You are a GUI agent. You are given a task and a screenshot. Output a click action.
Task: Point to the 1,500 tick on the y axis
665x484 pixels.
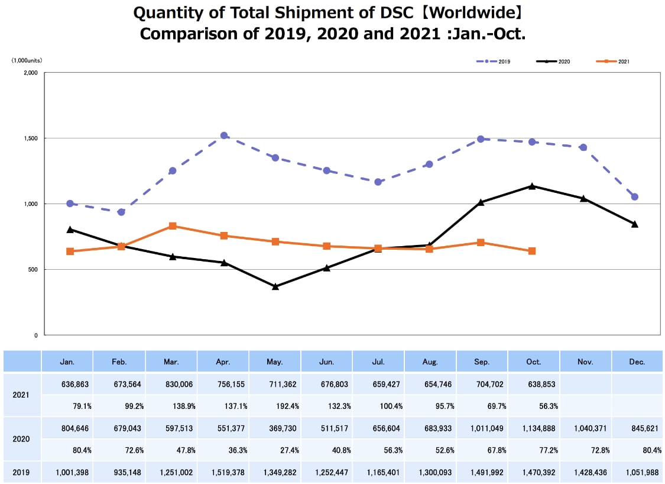coord(31,138)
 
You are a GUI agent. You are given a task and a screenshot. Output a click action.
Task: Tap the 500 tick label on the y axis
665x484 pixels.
coord(33,270)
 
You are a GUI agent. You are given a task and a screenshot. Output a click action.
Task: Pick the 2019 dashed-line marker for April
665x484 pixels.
coord(224,135)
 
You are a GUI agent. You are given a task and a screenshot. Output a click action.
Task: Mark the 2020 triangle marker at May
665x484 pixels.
coord(275,286)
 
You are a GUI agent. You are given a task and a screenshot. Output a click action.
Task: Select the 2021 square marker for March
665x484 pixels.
coord(173,226)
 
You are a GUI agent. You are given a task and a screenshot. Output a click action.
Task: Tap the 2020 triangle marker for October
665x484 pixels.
coord(533,186)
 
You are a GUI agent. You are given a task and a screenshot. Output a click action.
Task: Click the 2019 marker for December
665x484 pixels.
coord(635,196)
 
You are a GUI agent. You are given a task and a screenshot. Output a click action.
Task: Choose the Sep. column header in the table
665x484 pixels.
coord(481,361)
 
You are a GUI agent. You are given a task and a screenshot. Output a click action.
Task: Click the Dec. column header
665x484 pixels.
coord(637,361)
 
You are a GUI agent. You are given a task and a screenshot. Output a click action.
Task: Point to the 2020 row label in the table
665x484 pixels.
coord(22,439)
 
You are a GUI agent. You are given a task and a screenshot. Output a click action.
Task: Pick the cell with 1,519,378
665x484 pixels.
coord(224,473)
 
